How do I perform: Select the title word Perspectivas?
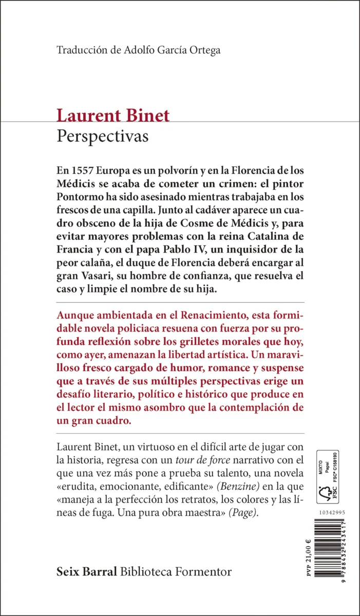point(102,137)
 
